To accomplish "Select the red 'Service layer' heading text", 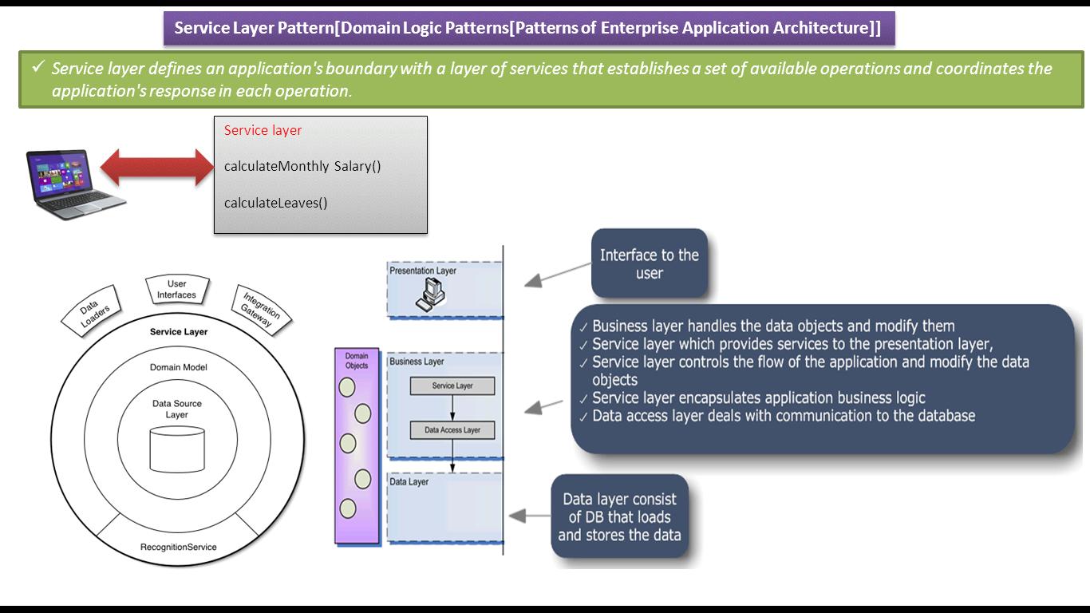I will coord(263,130).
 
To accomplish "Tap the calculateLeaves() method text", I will coord(275,203).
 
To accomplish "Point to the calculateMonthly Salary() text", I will coord(302,166).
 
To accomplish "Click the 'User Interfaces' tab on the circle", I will coord(177,290).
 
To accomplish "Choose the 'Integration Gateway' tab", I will coord(260,310).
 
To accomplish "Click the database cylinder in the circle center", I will coord(177,449).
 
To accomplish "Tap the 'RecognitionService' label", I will coord(178,547).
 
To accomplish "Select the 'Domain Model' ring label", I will coord(178,367).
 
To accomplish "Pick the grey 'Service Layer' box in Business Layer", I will coord(452,386).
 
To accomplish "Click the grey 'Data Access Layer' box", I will coord(452,430).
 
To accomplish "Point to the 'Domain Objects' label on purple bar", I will coord(356,361).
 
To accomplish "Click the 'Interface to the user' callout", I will coord(649,264).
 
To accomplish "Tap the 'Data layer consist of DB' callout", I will coord(619,516).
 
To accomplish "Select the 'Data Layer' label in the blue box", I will coord(409,482).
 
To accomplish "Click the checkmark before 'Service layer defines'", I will coord(38,68).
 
